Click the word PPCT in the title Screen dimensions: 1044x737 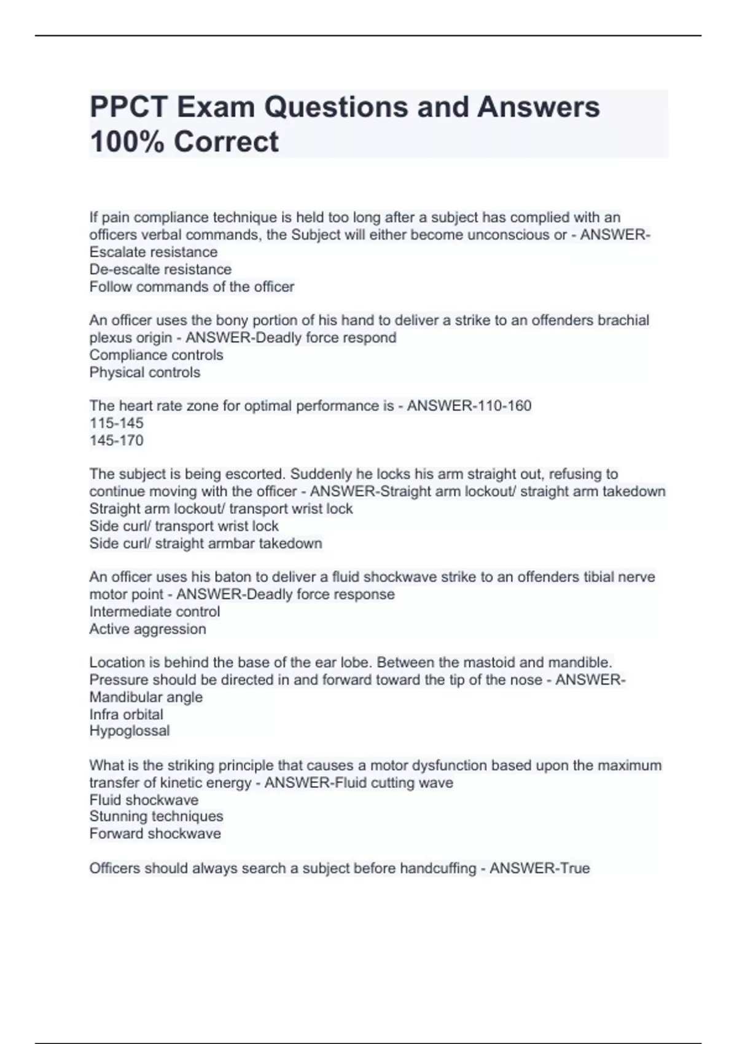(128, 107)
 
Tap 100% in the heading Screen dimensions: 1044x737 (125, 142)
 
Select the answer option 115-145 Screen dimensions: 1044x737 (116, 423)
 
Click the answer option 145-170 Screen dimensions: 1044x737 (116, 440)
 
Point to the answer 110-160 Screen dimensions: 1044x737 (501, 406)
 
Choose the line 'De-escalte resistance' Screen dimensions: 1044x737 (160, 270)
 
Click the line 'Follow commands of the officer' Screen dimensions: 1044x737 (192, 287)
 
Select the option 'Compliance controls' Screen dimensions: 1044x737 (156, 355)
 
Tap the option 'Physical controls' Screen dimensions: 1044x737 (144, 372)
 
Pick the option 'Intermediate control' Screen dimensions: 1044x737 (154, 612)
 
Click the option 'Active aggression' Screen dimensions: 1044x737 (147, 629)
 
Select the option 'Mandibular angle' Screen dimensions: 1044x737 (146, 697)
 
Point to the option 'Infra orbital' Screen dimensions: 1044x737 (126, 714)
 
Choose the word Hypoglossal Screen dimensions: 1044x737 (129, 731)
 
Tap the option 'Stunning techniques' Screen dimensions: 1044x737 (156, 816)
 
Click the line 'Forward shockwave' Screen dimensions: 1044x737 (155, 833)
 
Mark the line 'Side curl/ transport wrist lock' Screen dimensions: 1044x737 (184, 526)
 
